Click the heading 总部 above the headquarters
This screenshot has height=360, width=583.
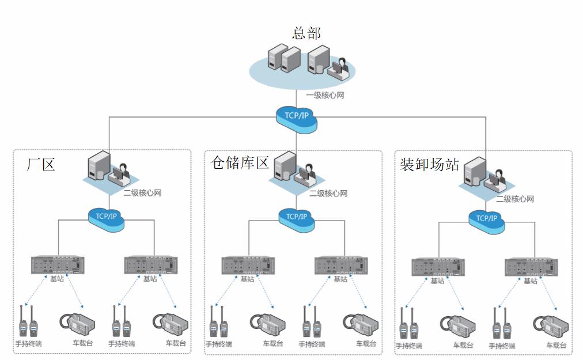(306, 33)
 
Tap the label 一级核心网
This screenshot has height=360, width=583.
(325, 96)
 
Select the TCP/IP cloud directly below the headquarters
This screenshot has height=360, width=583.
(297, 115)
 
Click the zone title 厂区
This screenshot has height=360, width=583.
(41, 164)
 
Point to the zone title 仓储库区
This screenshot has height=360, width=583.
(240, 162)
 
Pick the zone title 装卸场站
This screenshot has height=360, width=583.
(429, 164)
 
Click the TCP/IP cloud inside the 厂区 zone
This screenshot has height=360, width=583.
(107, 217)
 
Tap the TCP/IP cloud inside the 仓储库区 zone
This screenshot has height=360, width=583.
(297, 217)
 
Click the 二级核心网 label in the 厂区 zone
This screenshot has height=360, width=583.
(142, 193)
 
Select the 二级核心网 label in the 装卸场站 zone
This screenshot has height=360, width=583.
(515, 199)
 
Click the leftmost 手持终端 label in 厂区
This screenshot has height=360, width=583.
(28, 344)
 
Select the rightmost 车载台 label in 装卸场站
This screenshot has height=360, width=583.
(556, 346)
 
